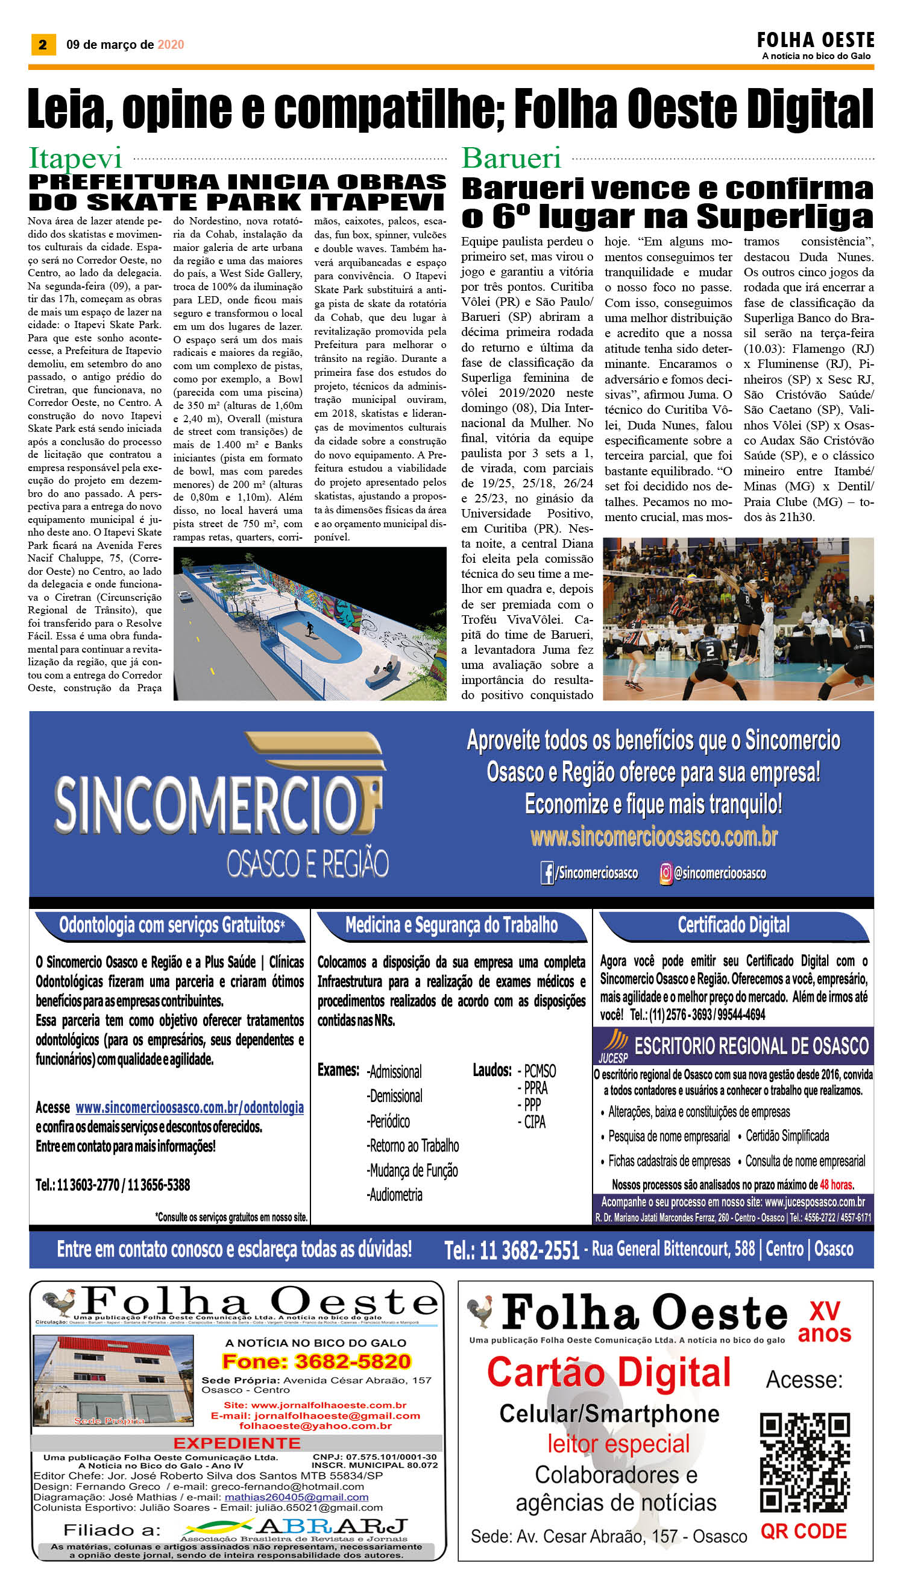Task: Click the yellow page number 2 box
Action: [43, 44]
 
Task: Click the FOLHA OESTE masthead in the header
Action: [815, 41]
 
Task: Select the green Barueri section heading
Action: [511, 158]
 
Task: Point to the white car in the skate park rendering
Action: [184, 597]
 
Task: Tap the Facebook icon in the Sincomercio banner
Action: [547, 873]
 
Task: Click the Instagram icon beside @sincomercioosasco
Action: [665, 873]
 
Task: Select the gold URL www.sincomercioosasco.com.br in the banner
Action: [653, 837]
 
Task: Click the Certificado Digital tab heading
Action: [733, 925]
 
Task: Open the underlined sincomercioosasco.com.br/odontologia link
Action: [189, 1107]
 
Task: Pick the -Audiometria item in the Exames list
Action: [395, 1194]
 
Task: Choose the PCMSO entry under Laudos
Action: [540, 1071]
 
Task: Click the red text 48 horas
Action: [837, 1185]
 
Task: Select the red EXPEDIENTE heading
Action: [237, 1443]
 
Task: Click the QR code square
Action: [804, 1463]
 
